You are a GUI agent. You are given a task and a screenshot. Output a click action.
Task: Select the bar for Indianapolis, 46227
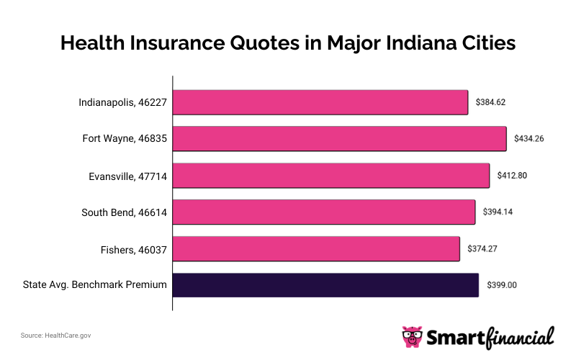click(320, 102)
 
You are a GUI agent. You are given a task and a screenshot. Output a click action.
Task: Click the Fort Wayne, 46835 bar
click(340, 138)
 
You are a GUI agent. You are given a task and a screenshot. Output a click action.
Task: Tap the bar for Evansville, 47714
click(331, 175)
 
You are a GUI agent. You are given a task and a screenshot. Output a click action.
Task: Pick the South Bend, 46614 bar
click(324, 212)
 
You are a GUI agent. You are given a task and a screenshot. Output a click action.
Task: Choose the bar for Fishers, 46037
click(316, 248)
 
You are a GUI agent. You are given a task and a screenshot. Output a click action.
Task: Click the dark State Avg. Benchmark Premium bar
click(325, 285)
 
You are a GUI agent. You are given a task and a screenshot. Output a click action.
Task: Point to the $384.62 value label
click(490, 102)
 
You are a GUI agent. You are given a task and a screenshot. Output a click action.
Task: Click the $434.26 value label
click(528, 138)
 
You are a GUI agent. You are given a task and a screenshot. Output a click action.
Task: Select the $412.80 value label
click(512, 175)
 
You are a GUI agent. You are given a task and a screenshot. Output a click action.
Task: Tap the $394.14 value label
click(498, 212)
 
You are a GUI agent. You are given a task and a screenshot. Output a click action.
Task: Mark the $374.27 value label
click(482, 248)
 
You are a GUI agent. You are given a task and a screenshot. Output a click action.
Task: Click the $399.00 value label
click(501, 285)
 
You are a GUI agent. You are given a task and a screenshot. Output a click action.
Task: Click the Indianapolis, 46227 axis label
click(122, 102)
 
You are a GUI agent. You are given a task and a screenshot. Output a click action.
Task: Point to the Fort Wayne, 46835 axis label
click(125, 138)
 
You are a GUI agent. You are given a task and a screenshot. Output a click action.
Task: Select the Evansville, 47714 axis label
click(126, 175)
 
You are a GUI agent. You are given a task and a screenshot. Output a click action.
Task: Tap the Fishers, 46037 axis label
click(133, 248)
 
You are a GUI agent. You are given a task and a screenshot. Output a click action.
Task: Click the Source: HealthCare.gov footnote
click(55, 335)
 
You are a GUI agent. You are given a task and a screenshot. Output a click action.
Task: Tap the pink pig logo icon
click(413, 336)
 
